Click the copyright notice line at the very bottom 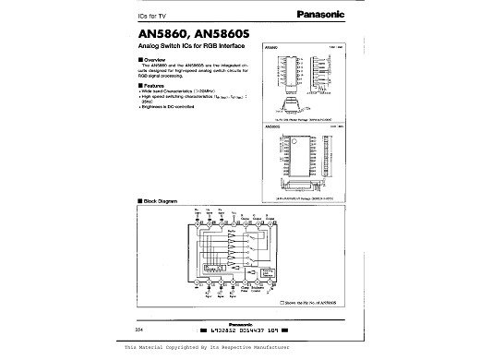pos(240,347)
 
